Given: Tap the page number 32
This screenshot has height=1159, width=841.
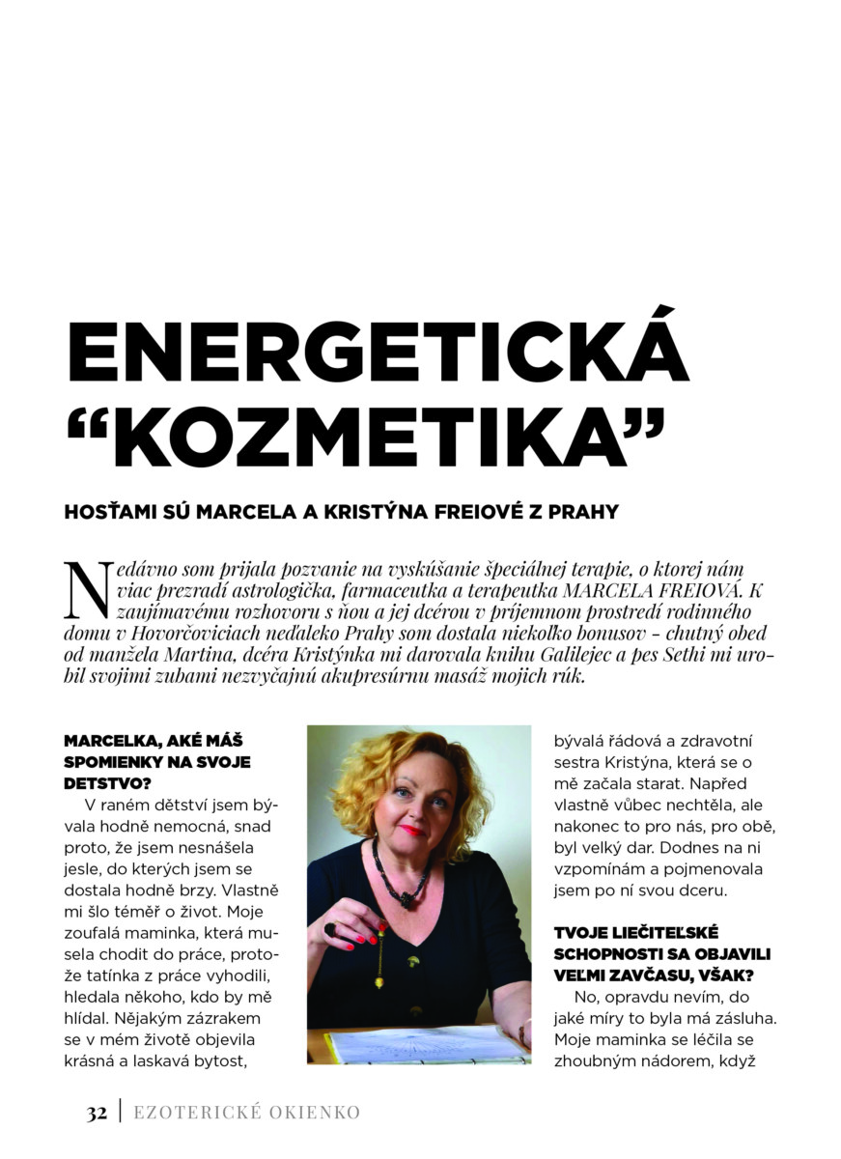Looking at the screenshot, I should click(x=96, y=1113).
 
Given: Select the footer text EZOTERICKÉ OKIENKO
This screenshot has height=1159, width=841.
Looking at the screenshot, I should click(x=246, y=1113).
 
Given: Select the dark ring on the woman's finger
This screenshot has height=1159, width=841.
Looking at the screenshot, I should click(x=331, y=929).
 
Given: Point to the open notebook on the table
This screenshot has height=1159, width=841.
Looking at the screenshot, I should click(x=425, y=1044).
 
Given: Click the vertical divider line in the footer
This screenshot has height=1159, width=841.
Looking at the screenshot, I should click(x=121, y=1113).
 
